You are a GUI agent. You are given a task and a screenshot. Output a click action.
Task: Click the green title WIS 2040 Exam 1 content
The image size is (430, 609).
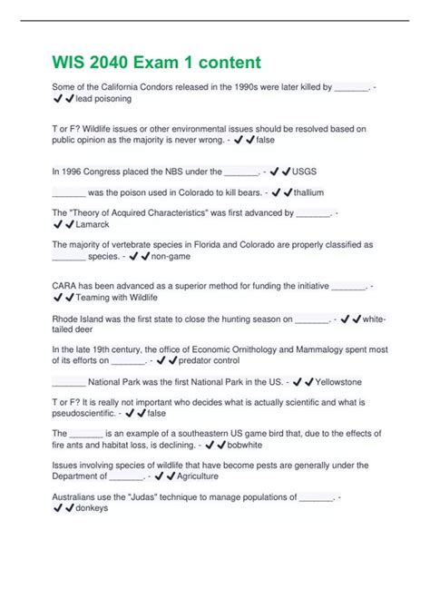[x=156, y=63]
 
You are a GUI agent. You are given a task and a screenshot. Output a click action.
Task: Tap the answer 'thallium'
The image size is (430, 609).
[x=308, y=192]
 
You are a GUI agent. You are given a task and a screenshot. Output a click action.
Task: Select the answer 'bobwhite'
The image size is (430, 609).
[x=246, y=446]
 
